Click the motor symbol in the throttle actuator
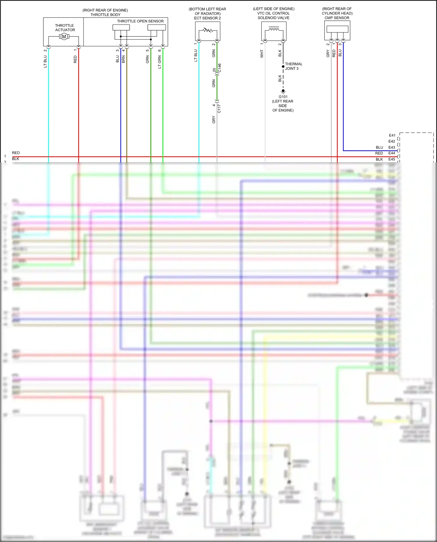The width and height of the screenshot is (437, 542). point(64,36)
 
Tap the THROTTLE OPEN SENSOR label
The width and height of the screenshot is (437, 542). point(140,21)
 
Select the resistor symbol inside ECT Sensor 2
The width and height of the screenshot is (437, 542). point(208,30)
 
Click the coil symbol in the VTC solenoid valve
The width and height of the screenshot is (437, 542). point(274,29)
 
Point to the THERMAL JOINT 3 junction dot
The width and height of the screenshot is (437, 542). point(283,67)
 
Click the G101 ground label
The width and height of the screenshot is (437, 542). point(283,97)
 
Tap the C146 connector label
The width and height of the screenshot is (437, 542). point(220,68)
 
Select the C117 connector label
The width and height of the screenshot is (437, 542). point(219,108)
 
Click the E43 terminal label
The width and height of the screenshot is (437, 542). point(392,147)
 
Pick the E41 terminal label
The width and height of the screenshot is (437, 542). point(392,135)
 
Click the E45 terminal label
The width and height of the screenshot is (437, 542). point(392,159)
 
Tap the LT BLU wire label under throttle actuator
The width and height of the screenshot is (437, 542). point(45,62)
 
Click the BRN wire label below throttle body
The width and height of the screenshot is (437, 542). point(124,59)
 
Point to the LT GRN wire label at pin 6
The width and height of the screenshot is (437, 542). point(160,62)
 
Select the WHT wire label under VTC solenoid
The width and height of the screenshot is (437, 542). point(262,54)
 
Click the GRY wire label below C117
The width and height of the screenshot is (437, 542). point(214,119)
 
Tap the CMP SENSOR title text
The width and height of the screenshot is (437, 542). point(337,18)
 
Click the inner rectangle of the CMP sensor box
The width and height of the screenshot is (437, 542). point(337,29)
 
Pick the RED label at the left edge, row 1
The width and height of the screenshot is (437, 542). point(16,153)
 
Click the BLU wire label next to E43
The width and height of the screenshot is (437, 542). point(379,147)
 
